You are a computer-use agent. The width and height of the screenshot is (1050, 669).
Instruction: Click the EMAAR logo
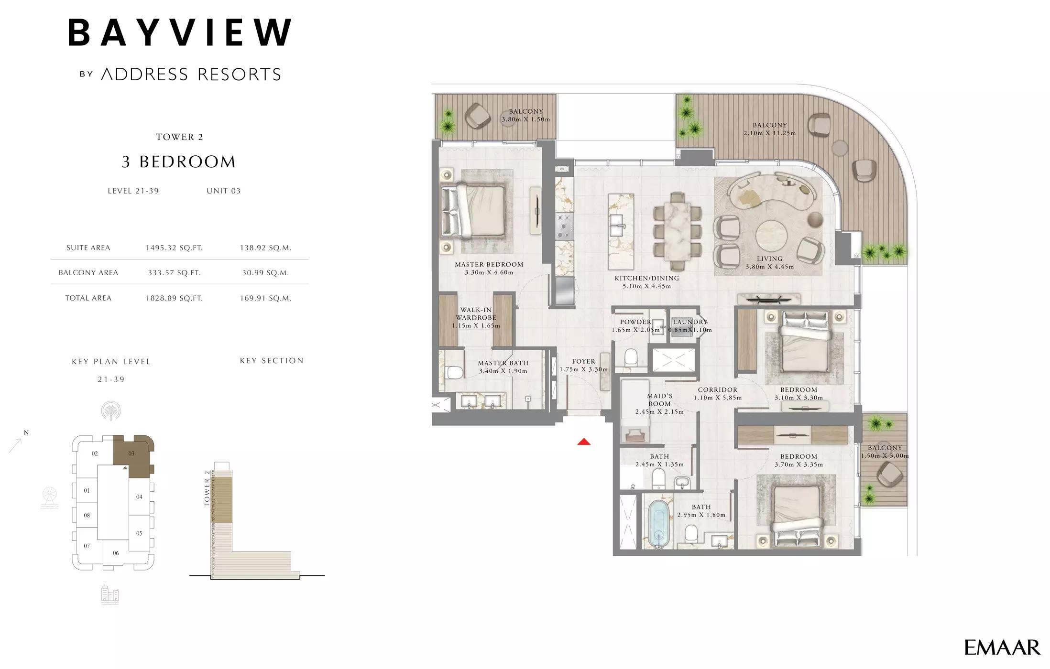[x=1002, y=647]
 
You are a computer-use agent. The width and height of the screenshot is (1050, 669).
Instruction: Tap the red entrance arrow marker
[x=584, y=442]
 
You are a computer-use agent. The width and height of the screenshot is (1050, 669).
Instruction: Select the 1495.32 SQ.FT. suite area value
[x=174, y=248]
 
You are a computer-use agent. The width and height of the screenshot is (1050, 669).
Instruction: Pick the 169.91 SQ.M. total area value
[x=265, y=298]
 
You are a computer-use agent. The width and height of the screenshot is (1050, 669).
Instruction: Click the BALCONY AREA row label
[x=88, y=273]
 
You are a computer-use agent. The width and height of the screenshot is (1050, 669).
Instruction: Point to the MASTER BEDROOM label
[x=489, y=264]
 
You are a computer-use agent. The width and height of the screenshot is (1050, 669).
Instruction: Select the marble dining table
[x=677, y=230]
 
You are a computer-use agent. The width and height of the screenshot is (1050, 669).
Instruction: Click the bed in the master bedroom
[x=473, y=211]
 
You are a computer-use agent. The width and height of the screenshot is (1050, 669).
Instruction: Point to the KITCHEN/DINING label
[x=646, y=278]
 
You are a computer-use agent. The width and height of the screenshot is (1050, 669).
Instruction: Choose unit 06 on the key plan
[x=116, y=553]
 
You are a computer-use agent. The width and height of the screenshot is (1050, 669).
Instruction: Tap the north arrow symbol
[x=16, y=445]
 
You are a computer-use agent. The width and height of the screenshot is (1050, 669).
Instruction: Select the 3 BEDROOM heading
[x=179, y=162]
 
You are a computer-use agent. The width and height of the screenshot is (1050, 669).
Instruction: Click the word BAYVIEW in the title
[x=180, y=32]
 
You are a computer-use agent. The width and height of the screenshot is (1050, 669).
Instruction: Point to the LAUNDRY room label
[x=690, y=322]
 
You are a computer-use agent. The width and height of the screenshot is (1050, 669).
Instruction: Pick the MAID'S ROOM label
[x=659, y=399]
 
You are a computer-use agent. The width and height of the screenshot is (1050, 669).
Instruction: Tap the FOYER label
[x=583, y=362]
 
